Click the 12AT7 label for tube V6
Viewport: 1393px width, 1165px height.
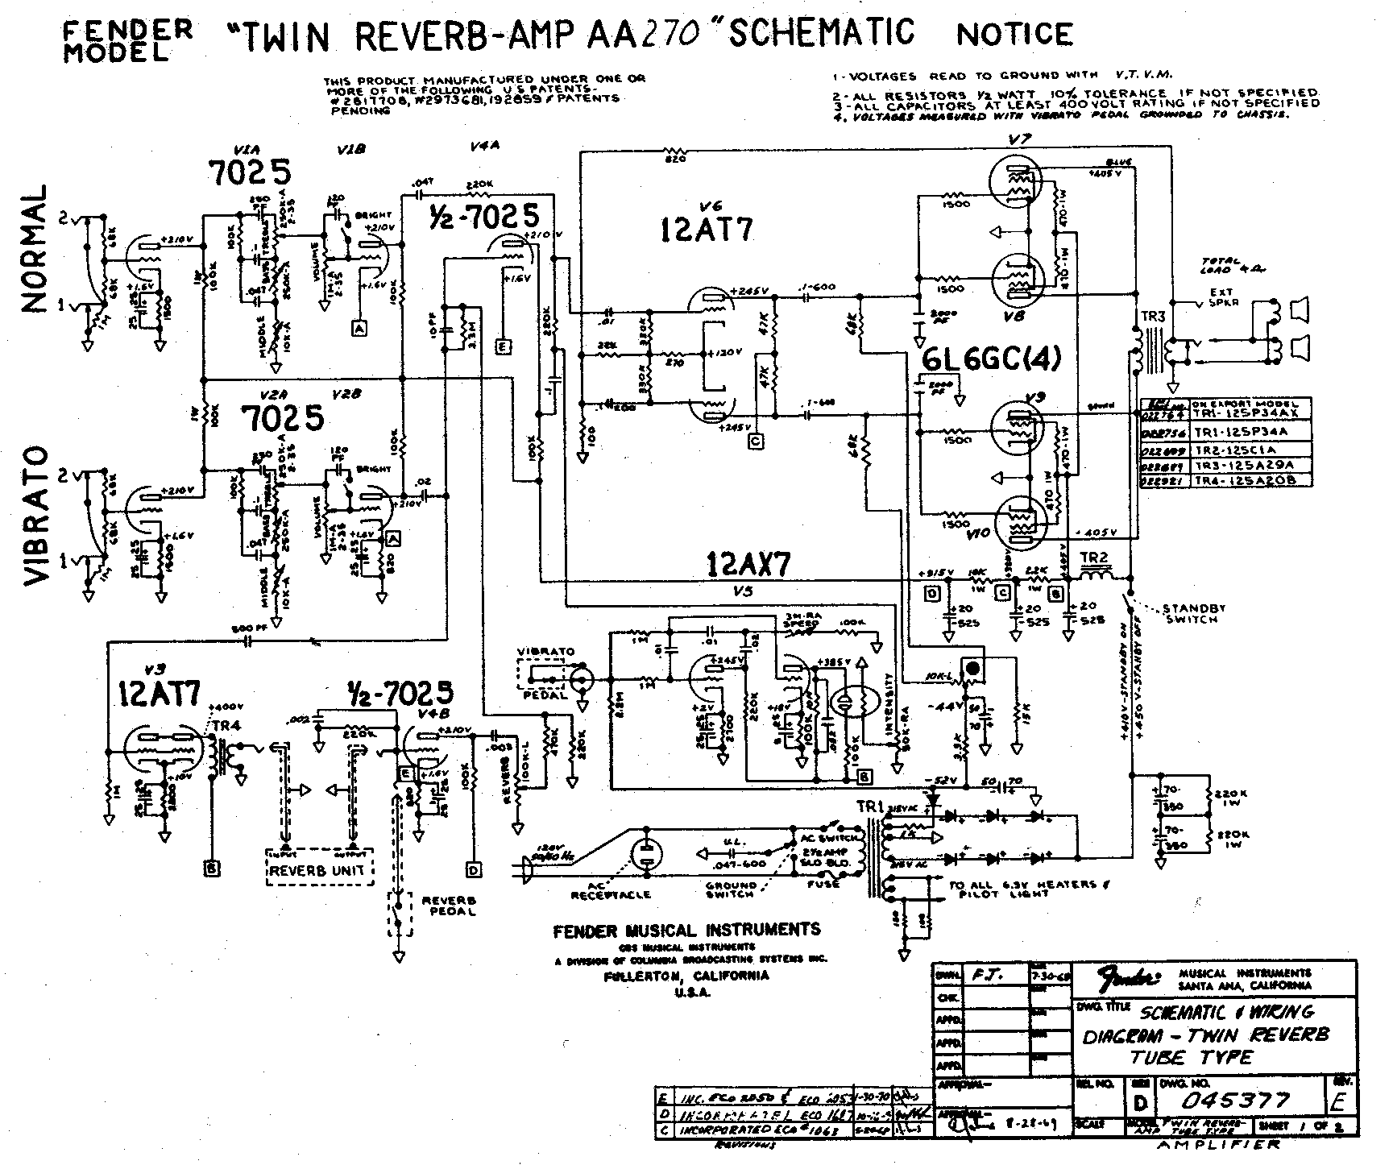pos(707,230)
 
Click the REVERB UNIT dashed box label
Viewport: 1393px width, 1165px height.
pos(317,870)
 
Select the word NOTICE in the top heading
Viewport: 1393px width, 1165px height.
pos(1014,34)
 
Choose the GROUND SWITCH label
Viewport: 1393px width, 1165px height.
pos(731,889)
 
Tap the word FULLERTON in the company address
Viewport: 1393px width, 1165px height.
pos(642,976)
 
